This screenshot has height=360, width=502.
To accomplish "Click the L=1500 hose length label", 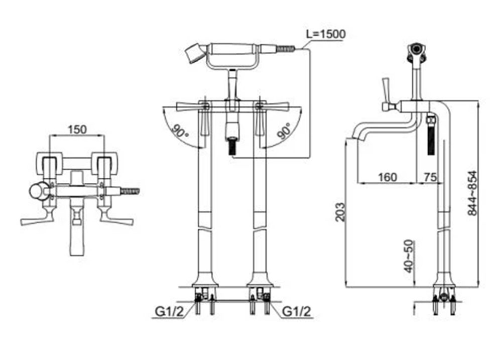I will (326, 34).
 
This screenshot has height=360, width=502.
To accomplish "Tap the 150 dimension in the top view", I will (77, 129).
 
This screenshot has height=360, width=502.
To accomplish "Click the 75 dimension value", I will (430, 177).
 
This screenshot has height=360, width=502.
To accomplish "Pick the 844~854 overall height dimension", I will (472, 193).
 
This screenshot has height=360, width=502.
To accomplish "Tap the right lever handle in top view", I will (117, 219).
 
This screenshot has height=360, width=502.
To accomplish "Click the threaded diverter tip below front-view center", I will (232, 147).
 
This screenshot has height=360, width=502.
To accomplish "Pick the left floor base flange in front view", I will (205, 281).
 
